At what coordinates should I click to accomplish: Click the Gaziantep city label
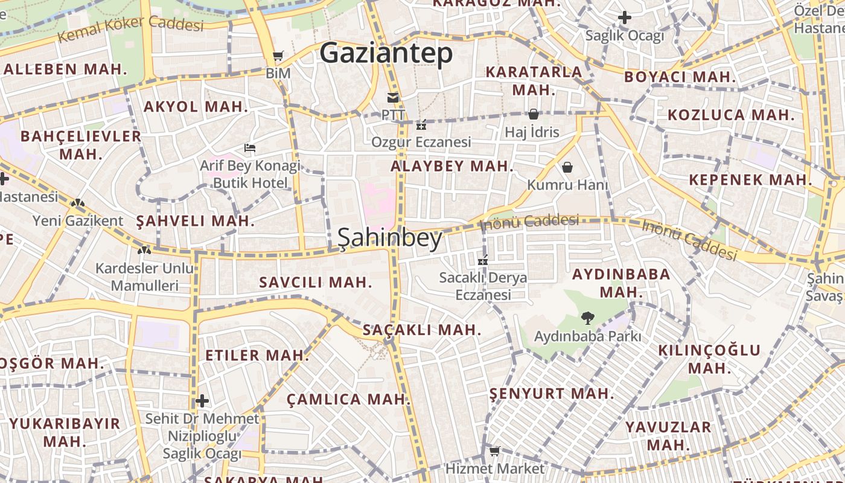(386, 54)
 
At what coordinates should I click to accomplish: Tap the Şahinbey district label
(390, 238)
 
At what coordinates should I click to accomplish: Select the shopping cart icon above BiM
(278, 56)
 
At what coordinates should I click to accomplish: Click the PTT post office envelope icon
(393, 97)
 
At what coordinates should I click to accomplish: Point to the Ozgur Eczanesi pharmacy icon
(421, 126)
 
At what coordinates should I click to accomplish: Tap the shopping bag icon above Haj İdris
(533, 114)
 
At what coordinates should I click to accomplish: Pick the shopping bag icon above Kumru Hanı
(567, 167)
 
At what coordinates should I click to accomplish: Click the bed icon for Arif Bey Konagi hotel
(249, 147)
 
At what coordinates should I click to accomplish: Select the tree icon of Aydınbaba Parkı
(587, 318)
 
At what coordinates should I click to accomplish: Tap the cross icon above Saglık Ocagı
(625, 18)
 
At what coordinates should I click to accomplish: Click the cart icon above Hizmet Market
(495, 451)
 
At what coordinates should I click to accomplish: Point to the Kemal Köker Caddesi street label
(130, 28)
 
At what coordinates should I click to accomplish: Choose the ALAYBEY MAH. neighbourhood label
(451, 166)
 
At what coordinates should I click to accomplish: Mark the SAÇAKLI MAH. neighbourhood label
(421, 330)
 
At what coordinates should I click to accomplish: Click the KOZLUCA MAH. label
(731, 115)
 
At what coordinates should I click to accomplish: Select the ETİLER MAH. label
(257, 355)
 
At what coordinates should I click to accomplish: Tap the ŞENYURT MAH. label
(551, 394)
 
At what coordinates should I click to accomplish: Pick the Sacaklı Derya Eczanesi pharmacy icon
(482, 261)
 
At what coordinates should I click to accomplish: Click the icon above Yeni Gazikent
(77, 203)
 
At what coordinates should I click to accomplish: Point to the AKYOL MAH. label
(196, 107)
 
